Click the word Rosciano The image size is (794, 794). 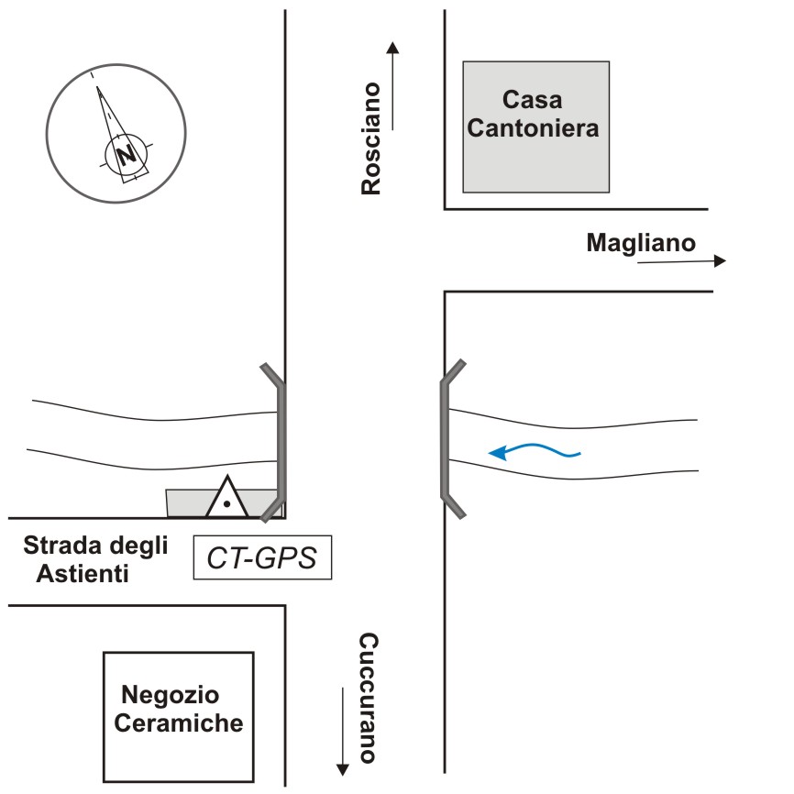point(370,138)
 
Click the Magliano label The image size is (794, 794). point(641,243)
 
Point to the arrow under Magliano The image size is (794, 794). point(680,261)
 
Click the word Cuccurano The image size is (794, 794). point(368,698)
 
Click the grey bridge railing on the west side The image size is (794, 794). point(279,440)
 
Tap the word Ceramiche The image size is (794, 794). point(179,722)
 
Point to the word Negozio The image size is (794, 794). point(171,694)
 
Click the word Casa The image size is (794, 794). point(533,99)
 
